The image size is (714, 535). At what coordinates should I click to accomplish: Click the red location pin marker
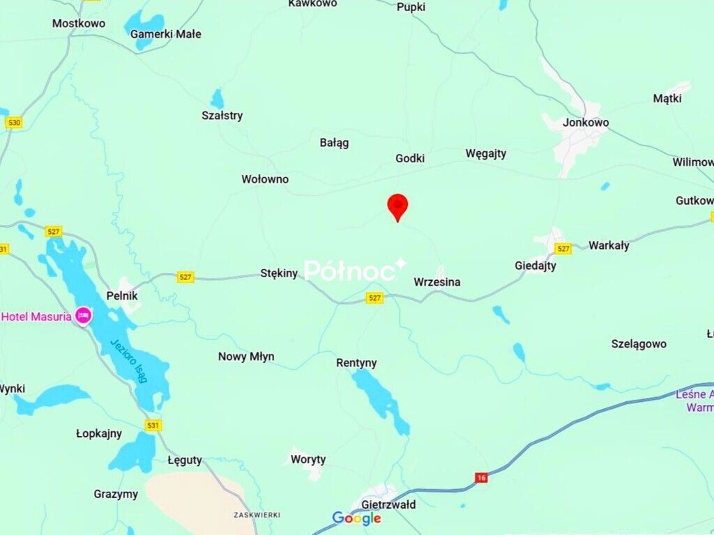397,206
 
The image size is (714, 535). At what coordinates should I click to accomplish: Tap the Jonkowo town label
586,123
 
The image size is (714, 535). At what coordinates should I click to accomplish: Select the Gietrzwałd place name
388,504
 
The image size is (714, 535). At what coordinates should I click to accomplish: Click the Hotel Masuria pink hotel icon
84,316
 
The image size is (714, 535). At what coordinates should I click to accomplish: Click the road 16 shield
481,477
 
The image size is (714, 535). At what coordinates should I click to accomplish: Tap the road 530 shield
13,123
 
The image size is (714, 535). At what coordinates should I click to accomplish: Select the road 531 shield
153,425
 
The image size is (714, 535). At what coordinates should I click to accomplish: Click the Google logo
356,518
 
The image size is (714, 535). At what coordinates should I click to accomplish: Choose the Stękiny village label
279,273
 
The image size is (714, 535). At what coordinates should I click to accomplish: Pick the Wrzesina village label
437,282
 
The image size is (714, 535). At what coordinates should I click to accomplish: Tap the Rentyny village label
356,363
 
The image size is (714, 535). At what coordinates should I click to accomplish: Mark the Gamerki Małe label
166,33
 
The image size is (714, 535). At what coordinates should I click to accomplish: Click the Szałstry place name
222,116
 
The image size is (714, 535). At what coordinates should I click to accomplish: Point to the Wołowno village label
265,179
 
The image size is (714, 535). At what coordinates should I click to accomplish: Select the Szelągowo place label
639,344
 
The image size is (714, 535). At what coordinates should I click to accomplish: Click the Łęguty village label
185,460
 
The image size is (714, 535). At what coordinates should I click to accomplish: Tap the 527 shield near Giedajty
563,248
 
